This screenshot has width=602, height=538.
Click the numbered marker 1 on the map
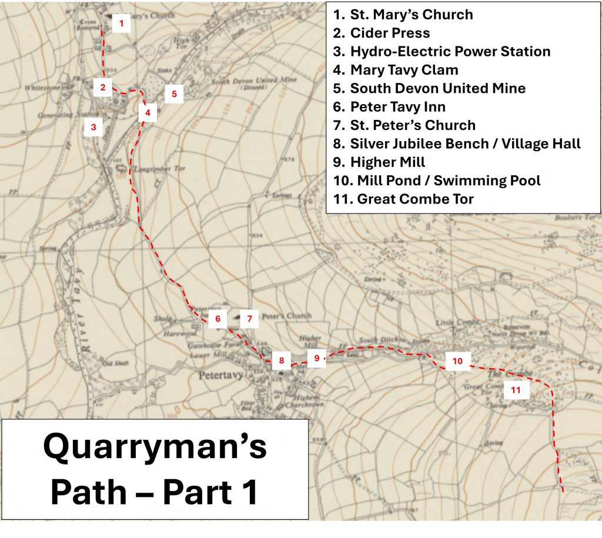(x=121, y=24)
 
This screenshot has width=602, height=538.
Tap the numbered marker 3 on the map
(x=93, y=126)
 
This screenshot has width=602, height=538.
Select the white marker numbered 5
(x=174, y=93)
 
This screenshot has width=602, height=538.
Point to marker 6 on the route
(x=218, y=319)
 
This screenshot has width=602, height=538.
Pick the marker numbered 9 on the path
(x=316, y=357)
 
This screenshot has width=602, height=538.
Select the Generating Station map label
(x=60, y=115)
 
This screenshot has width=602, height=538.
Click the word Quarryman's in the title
(x=155, y=447)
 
